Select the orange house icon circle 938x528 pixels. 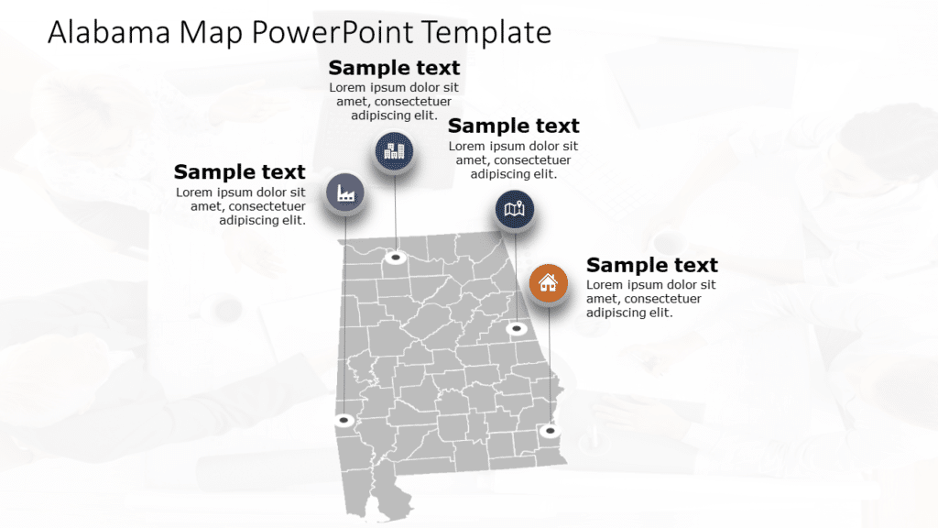[x=548, y=282]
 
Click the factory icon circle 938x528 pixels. [x=346, y=192]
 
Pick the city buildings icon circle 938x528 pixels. [x=394, y=151]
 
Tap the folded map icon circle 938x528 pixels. [x=515, y=210]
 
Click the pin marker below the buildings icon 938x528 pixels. [x=396, y=258]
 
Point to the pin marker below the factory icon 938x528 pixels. [x=344, y=421]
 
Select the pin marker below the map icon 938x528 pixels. [x=517, y=328]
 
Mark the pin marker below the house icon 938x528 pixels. [x=550, y=430]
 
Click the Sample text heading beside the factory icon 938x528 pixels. [x=239, y=171]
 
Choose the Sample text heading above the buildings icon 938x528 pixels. [x=394, y=68]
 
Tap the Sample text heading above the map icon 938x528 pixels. [x=513, y=126]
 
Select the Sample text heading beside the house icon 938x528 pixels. [x=651, y=265]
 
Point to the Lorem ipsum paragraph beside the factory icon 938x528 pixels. [x=242, y=206]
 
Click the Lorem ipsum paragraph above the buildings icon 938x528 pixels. [x=394, y=102]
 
